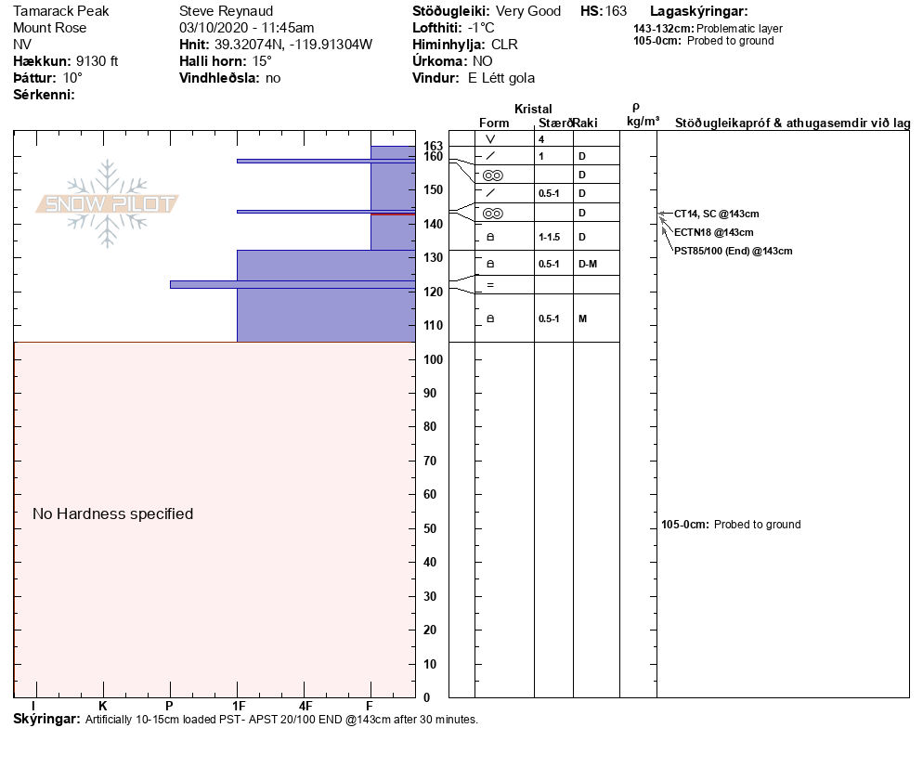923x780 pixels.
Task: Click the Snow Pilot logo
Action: click(x=108, y=203)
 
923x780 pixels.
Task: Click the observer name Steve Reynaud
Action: click(x=226, y=11)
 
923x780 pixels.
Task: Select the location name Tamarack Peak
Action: click(x=60, y=11)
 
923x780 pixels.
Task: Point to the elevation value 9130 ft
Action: click(x=97, y=61)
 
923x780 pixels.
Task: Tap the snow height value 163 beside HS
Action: click(x=616, y=11)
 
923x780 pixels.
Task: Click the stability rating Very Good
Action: click(x=528, y=11)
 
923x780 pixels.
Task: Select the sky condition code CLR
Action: click(x=505, y=45)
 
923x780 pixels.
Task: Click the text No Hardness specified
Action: click(x=113, y=513)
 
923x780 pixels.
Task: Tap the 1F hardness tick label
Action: click(x=239, y=707)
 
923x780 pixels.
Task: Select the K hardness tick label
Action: click(x=103, y=707)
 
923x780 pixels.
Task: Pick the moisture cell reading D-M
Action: click(x=588, y=264)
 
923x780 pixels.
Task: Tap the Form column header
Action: click(x=494, y=123)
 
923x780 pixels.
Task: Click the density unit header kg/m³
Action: click(x=643, y=121)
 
